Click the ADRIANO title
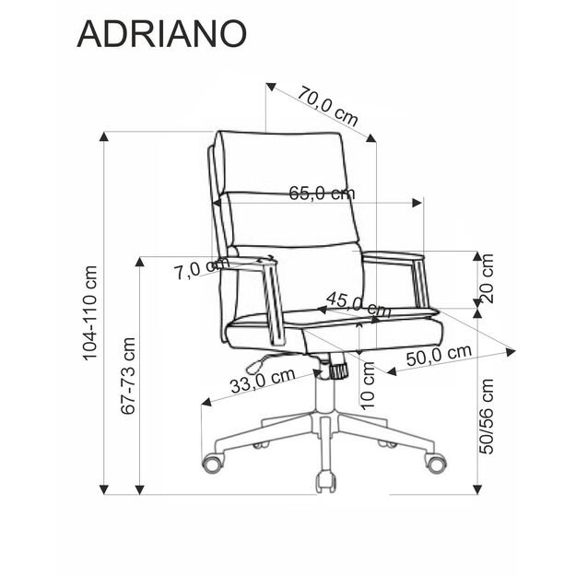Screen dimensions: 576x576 [161, 32]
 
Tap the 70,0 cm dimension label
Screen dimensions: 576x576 [328, 105]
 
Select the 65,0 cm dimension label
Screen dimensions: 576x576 [321, 194]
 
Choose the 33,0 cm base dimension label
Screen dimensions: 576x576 [262, 380]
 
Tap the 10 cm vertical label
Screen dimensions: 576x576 [369, 384]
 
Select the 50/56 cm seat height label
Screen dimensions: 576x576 [487, 416]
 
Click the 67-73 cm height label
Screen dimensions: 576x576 [128, 375]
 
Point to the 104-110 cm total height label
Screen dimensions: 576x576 [89, 313]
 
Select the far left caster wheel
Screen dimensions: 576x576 [213, 463]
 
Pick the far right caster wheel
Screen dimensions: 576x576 [435, 463]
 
